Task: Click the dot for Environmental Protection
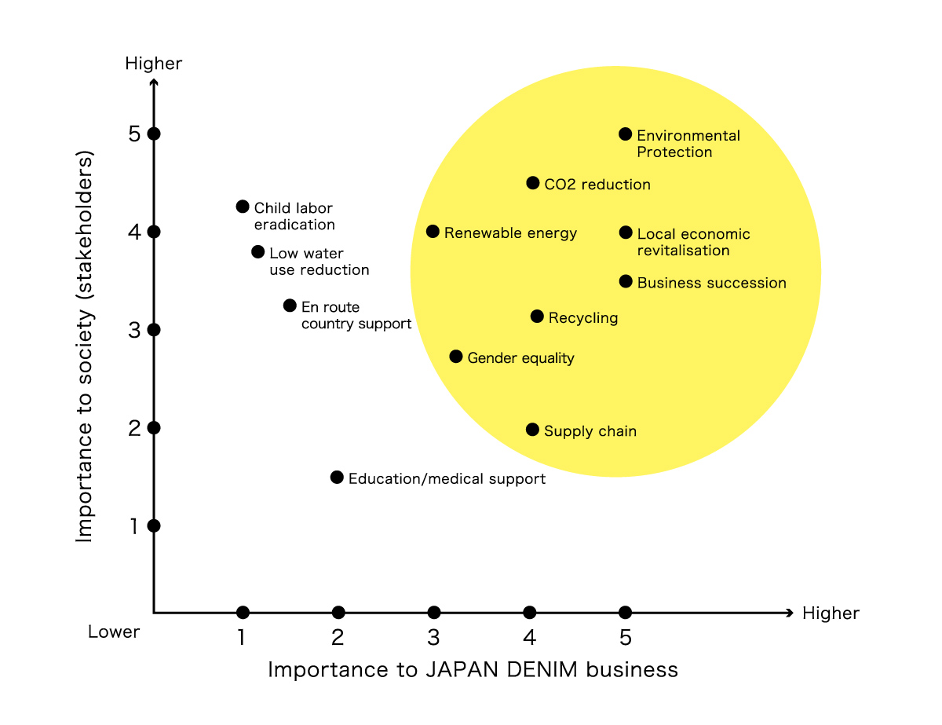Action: [x=625, y=134]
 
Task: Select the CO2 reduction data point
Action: [x=532, y=183]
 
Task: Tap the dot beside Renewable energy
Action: [x=433, y=232]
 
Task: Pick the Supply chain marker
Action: [x=532, y=430]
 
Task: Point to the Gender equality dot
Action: [x=455, y=357]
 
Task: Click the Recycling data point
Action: [x=537, y=317]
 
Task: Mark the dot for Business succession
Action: [x=625, y=281]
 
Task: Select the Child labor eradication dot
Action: [x=243, y=207]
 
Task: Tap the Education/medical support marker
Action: [x=337, y=478]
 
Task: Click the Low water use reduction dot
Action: [x=257, y=252]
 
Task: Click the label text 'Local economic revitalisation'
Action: [x=693, y=242]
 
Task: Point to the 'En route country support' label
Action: [x=356, y=315]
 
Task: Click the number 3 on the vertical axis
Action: [x=134, y=331]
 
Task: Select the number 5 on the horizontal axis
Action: [x=625, y=637]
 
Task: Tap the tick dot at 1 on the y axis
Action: [x=154, y=526]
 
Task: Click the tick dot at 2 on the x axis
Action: [x=338, y=612]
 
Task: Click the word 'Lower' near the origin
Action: [x=114, y=632]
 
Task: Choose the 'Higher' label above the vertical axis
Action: [x=153, y=64]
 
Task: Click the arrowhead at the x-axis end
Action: [x=790, y=612]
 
